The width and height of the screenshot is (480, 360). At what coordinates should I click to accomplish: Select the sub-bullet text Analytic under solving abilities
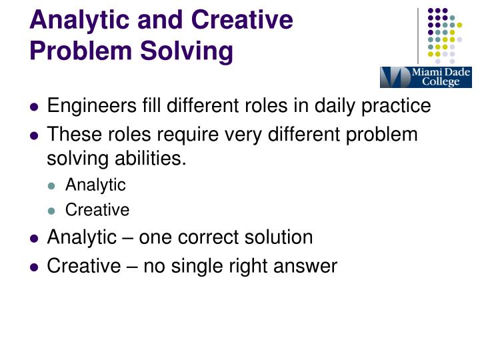tap(95, 185)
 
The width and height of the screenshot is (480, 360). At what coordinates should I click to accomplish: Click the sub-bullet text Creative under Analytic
tap(97, 210)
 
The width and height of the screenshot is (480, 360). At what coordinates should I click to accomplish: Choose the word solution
tap(280, 237)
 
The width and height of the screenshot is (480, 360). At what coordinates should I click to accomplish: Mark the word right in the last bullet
tap(249, 266)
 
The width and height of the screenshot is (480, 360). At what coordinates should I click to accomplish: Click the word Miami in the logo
tap(426, 72)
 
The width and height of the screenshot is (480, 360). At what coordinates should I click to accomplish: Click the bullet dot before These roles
tap(35, 135)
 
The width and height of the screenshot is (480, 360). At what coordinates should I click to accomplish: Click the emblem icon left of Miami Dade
tap(395, 77)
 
